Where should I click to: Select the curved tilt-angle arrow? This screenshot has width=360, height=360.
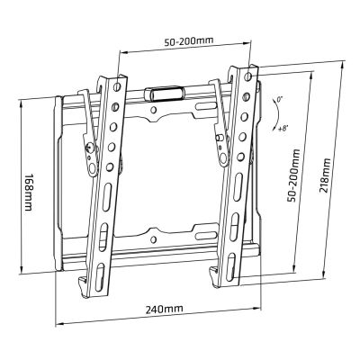pos(271,112)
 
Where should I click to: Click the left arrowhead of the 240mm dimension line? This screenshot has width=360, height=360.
pos(58,319)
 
